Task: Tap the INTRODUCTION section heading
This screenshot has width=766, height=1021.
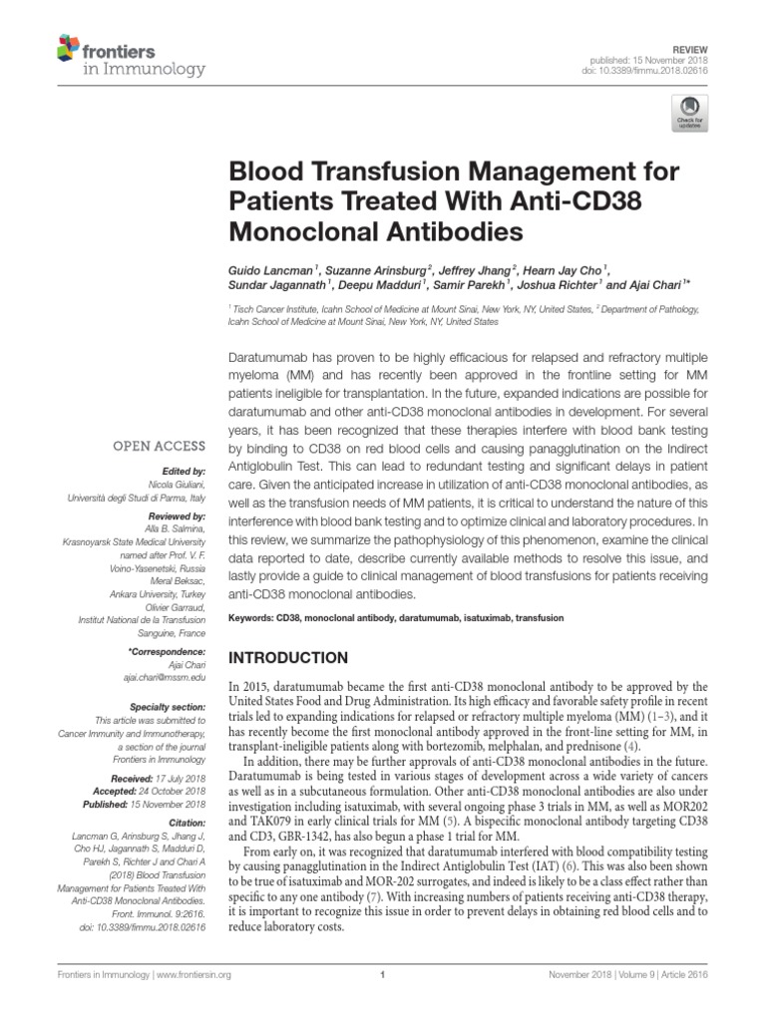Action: [289, 658]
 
